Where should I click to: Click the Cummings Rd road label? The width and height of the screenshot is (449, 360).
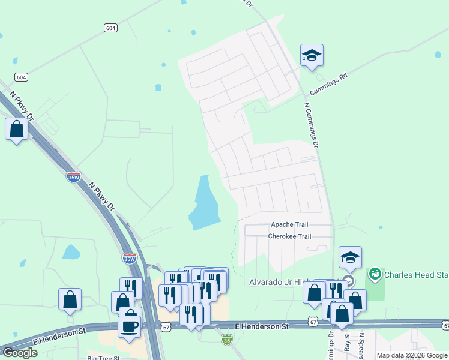coord(329,85)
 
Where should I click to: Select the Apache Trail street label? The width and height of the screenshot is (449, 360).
coord(289,224)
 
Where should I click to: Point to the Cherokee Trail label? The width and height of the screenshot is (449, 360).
coord(289,236)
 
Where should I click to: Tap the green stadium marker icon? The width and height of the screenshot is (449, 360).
coord(375,275)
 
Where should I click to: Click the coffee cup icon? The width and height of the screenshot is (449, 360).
coord(130,325)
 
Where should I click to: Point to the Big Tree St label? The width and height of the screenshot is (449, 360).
coord(103,358)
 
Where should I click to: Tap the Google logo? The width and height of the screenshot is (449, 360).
coord(20,353)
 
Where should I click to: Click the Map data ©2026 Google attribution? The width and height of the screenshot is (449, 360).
coord(412,355)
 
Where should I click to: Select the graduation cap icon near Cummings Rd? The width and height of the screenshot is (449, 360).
coord(312,56)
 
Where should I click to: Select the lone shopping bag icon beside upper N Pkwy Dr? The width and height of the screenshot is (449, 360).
coord(16,129)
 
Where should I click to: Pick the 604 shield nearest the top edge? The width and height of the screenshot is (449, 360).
coord(110,28)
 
